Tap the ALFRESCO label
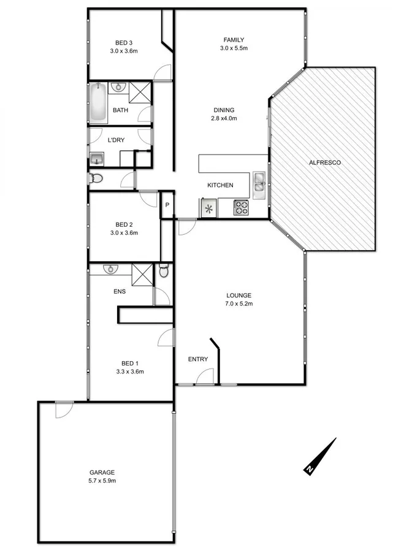tap(325, 162)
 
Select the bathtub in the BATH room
tap(98, 102)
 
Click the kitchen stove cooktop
tap(240, 208)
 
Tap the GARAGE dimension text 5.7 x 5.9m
tap(102, 481)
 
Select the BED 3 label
tap(124, 42)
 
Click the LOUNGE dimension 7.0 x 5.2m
tap(238, 304)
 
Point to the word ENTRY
tap(198, 359)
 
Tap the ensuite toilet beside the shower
tap(163, 271)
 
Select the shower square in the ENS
tap(142, 273)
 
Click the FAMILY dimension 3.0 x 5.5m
tap(234, 48)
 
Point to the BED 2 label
tap(124, 224)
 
